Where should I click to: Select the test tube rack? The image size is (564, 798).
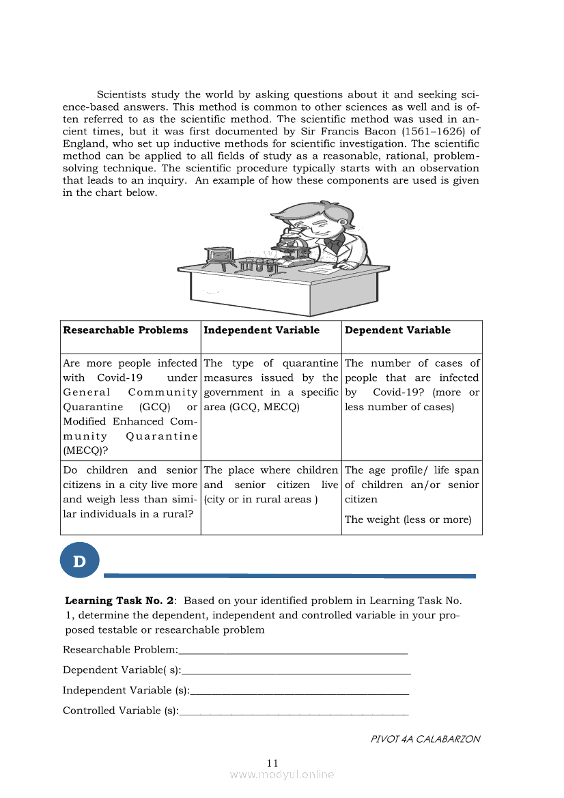[257, 263]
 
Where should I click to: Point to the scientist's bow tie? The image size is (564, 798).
[333, 242]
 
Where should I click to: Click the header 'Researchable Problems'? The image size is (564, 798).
[126, 330]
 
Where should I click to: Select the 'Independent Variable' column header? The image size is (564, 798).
[262, 330]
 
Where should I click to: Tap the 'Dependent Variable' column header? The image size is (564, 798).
[397, 330]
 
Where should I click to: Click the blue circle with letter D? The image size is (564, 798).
[80, 562]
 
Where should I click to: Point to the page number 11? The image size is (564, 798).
[272, 763]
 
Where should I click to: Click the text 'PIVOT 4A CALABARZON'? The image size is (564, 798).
[425, 739]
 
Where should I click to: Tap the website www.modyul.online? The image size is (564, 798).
[282, 775]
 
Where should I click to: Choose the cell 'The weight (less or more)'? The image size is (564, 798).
[408, 519]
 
